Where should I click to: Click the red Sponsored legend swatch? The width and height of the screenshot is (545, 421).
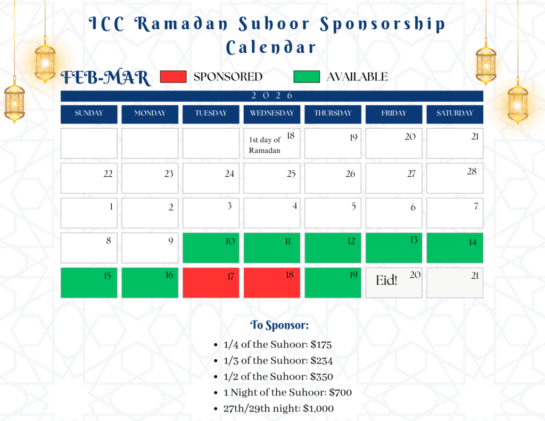tap(173, 77)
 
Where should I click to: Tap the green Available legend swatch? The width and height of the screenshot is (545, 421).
tap(307, 77)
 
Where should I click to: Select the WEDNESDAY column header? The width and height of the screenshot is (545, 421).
tap(272, 114)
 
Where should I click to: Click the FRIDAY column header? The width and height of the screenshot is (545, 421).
tap(394, 114)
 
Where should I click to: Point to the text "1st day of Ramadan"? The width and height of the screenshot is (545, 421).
tap(265, 145)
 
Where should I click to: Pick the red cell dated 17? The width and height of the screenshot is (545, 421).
tap(211, 283)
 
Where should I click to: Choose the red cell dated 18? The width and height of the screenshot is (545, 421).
tap(272, 283)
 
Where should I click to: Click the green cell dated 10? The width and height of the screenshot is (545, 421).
tap(211, 248)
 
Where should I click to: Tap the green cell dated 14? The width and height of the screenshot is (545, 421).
tap(455, 248)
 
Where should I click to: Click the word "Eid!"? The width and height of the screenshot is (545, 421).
tap(386, 280)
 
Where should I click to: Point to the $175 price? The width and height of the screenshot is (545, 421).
tap(321, 344)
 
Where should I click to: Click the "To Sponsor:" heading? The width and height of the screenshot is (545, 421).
tap(279, 325)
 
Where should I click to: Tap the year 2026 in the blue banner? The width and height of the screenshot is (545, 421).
tap(272, 96)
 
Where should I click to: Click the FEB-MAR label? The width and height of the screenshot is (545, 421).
tap(106, 78)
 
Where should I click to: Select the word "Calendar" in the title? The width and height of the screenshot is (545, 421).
tap(271, 47)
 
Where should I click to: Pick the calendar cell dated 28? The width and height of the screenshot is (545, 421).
tap(455, 178)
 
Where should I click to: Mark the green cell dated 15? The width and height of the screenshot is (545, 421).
tap(89, 283)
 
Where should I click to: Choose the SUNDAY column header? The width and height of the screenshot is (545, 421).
tap(89, 114)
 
